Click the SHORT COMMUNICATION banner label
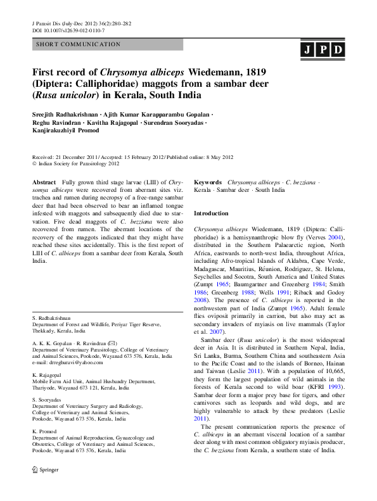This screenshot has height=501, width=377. (79, 44)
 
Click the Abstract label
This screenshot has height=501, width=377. (44, 182)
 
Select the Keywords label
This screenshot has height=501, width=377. (208, 182)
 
